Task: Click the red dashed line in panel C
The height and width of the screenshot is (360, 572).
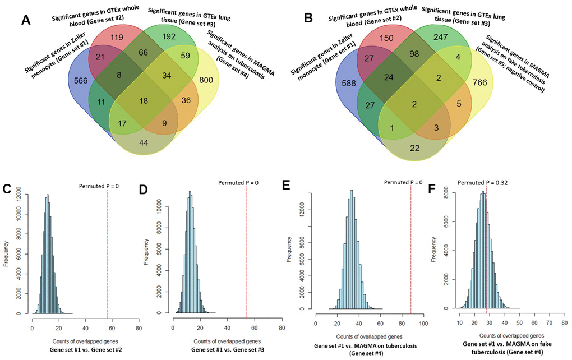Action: [x=107, y=252]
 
